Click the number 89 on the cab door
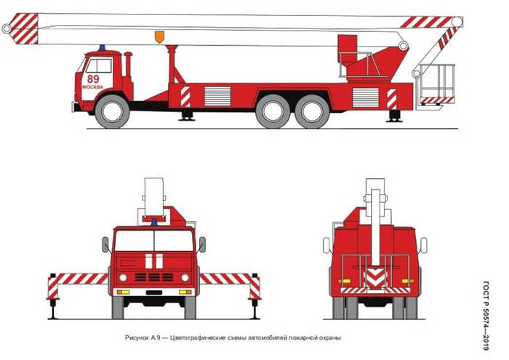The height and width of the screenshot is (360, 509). click(x=93, y=79)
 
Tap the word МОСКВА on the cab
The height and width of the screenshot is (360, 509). click(x=92, y=87)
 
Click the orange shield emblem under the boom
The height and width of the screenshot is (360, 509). click(x=159, y=36)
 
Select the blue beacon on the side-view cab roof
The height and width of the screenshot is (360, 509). click(x=103, y=48)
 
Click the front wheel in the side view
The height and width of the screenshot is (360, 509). click(x=112, y=111)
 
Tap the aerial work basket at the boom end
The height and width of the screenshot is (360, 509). click(x=436, y=84)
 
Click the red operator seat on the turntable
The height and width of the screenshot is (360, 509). click(x=348, y=50)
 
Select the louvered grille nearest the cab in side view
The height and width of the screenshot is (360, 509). click(x=217, y=96)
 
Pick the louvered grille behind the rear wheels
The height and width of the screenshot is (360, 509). click(x=366, y=97)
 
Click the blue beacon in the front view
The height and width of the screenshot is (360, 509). click(x=154, y=223)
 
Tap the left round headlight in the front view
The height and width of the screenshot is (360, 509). click(x=123, y=278)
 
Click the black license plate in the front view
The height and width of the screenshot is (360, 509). click(x=154, y=292)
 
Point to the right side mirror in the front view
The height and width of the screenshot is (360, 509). click(x=202, y=244)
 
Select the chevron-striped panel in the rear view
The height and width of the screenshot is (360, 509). click(x=375, y=278)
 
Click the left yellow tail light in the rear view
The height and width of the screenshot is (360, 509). click(x=345, y=281)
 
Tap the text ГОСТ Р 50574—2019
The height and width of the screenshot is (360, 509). click(x=486, y=316)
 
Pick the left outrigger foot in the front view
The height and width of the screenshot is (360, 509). click(x=53, y=309)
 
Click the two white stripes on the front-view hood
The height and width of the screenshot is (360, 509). click(x=154, y=261)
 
